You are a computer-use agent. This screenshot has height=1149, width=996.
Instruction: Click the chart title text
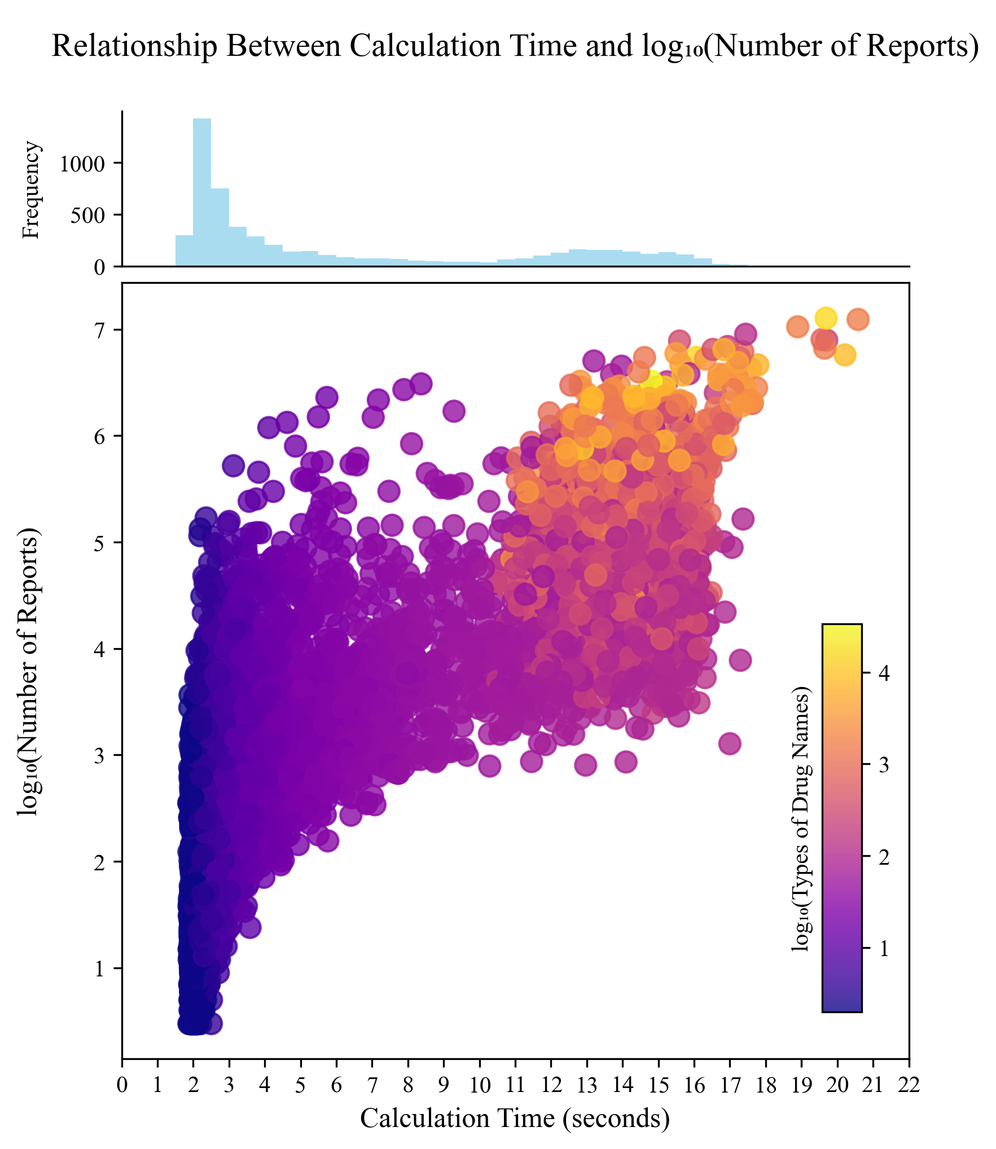pos(515,46)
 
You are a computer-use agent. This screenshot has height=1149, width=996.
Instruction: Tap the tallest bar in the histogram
pos(202,192)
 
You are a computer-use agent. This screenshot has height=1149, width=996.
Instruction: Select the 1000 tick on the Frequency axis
pos(82,164)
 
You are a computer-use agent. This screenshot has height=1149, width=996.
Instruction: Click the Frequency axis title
pos(31,190)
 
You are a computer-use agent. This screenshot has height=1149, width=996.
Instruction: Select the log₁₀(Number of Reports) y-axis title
pos(28,671)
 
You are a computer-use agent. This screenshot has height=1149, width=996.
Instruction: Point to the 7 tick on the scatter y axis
pos(100,330)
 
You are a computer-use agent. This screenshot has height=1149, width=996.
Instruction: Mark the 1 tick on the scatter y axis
pos(100,968)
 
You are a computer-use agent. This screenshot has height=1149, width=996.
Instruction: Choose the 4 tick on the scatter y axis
pos(100,649)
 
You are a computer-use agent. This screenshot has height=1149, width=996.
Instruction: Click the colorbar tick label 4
pos(884,673)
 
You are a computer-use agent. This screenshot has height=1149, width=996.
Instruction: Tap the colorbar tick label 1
pos(884,949)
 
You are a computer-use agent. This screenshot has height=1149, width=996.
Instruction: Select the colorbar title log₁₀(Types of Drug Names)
pos(800,819)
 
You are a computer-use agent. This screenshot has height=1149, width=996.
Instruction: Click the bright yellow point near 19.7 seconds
pos(826,318)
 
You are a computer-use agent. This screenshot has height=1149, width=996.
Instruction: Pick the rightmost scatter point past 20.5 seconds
pos(858,319)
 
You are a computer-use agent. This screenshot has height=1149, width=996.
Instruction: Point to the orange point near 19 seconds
pos(797,326)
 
